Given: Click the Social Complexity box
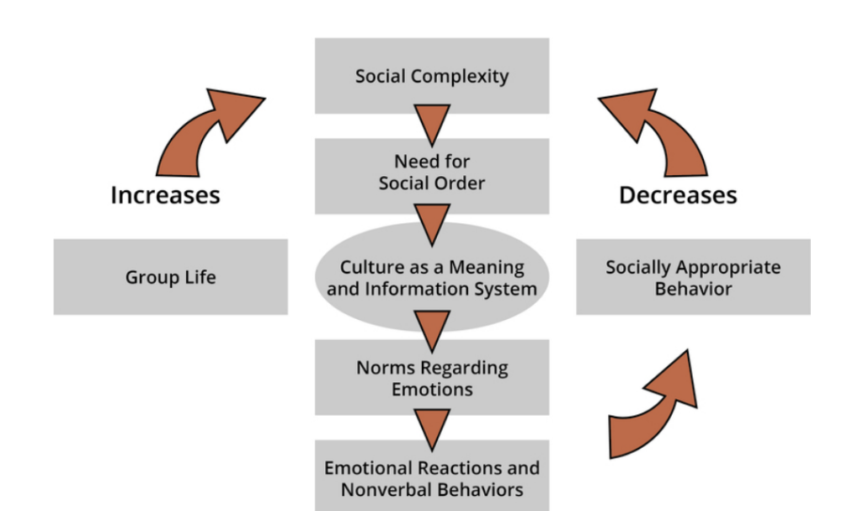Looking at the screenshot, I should click(432, 76).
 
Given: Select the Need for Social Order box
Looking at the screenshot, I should click(432, 172).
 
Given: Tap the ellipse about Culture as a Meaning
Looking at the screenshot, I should click(432, 278).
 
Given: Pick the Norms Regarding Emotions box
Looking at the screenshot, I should click(432, 378).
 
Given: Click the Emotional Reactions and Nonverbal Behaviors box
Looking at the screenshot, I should click(432, 478).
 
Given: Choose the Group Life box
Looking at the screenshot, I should click(170, 277).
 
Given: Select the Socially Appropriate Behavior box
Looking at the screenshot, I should click(693, 277).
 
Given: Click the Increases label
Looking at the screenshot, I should click(165, 195).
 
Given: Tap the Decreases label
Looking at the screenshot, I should click(678, 195).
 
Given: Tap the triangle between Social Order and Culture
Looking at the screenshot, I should click(432, 224).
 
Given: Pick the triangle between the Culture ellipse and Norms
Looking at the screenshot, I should click(432, 328).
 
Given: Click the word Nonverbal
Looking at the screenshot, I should click(386, 489).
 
